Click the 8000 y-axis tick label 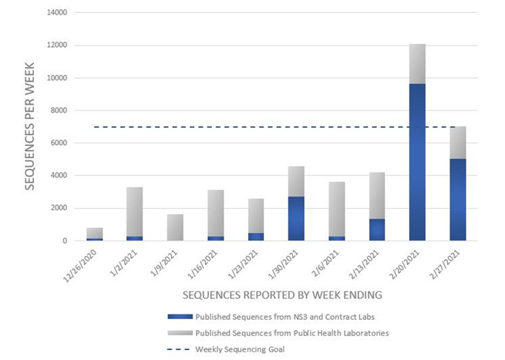(x=55, y=110)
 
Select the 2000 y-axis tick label (x=55, y=208)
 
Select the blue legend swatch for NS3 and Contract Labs (x=178, y=316)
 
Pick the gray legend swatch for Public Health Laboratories (x=178, y=332)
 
